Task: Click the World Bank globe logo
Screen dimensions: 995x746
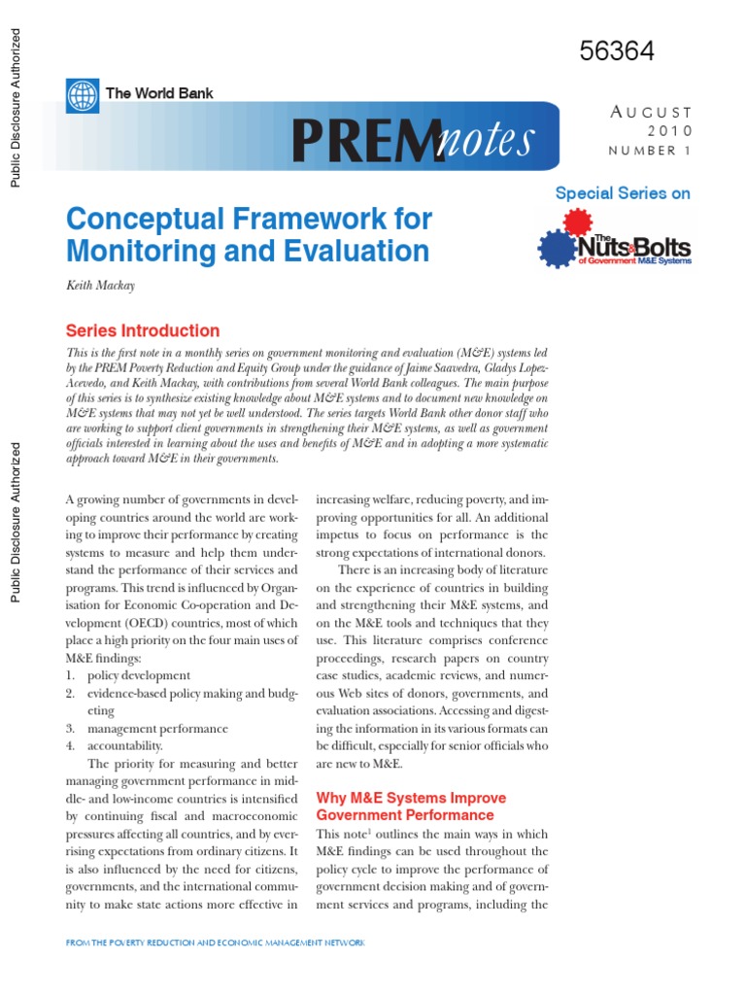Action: pyautogui.click(x=84, y=94)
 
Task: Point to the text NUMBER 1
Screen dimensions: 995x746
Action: pyautogui.click(x=650, y=151)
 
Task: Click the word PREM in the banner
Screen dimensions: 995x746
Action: pyautogui.click(x=359, y=141)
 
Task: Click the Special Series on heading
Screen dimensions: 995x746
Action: pyautogui.click(x=623, y=192)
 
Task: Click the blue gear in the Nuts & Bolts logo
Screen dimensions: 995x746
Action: pyautogui.click(x=557, y=249)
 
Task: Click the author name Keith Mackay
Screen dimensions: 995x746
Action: pyautogui.click(x=101, y=287)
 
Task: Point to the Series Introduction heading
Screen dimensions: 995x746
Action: pyautogui.click(x=142, y=330)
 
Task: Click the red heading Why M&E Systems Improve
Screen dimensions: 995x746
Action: pyautogui.click(x=411, y=798)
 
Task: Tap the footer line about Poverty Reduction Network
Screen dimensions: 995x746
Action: pyautogui.click(x=216, y=944)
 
